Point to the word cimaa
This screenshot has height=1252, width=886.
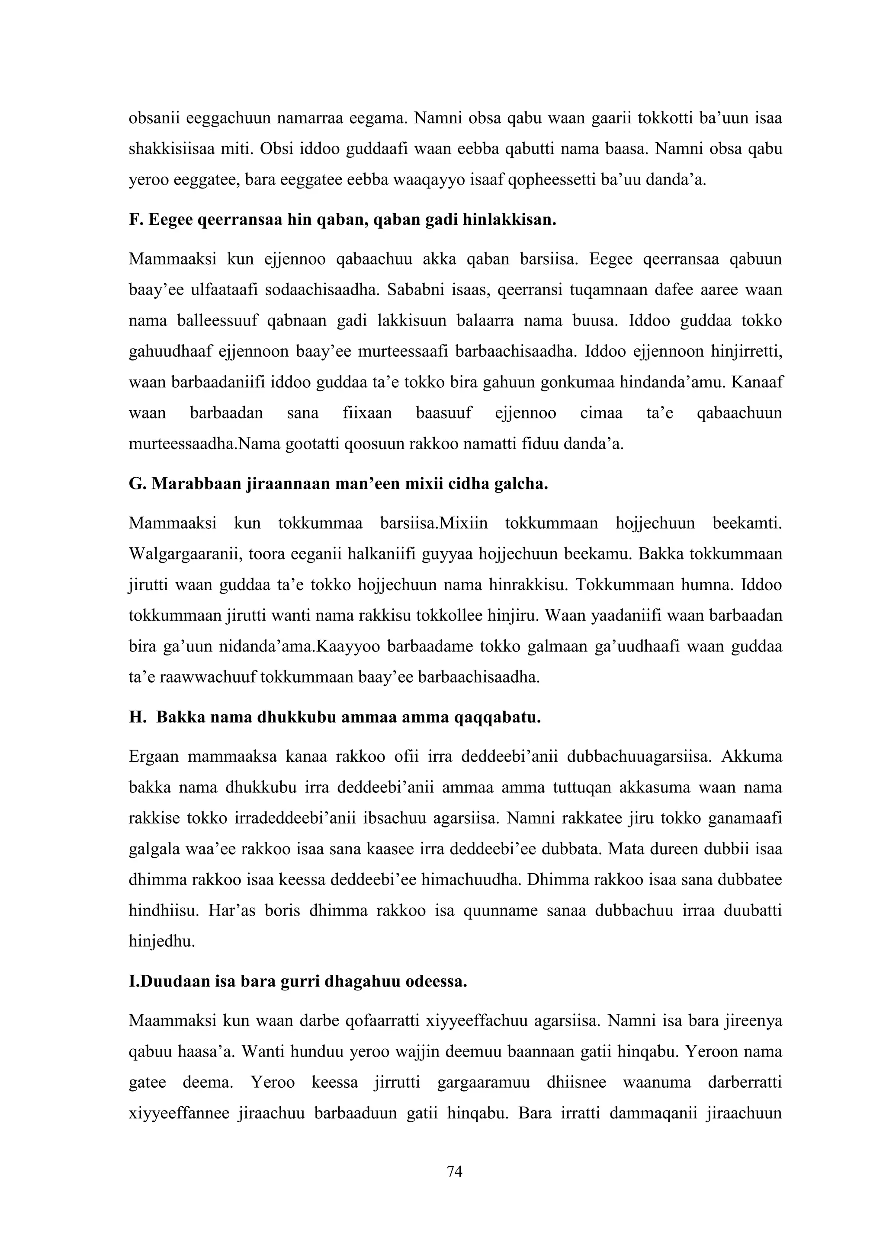click(600, 413)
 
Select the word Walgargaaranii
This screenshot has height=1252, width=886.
click(184, 554)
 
